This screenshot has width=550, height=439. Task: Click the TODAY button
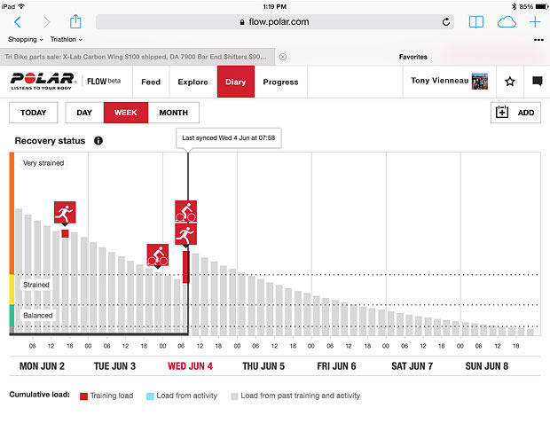pyautogui.click(x=34, y=113)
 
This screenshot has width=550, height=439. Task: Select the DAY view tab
pyautogui.click(x=84, y=113)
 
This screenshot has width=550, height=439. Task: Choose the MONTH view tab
pyautogui.click(x=173, y=113)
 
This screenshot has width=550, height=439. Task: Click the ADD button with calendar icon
pyautogui.click(x=515, y=113)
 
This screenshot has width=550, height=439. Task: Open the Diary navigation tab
pyautogui.click(x=235, y=82)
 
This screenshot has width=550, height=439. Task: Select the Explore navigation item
pyautogui.click(x=192, y=82)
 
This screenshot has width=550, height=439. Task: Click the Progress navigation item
pyautogui.click(x=280, y=82)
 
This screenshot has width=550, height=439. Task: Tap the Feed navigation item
pyautogui.click(x=151, y=82)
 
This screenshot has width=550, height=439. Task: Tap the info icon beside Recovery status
pyautogui.click(x=98, y=140)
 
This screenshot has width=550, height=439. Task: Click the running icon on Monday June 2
pyautogui.click(x=65, y=213)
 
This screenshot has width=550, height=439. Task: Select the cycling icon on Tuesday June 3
pyautogui.click(x=158, y=255)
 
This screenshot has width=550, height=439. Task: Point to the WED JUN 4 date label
pyautogui.click(x=191, y=365)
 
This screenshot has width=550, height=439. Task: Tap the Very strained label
pyautogui.click(x=43, y=163)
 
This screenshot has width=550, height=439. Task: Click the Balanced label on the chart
pyautogui.click(x=38, y=315)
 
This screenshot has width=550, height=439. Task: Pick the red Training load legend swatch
pyautogui.click(x=83, y=396)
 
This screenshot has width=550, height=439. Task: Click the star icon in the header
pyautogui.click(x=510, y=82)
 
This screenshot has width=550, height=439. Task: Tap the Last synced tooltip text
pyautogui.click(x=229, y=137)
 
